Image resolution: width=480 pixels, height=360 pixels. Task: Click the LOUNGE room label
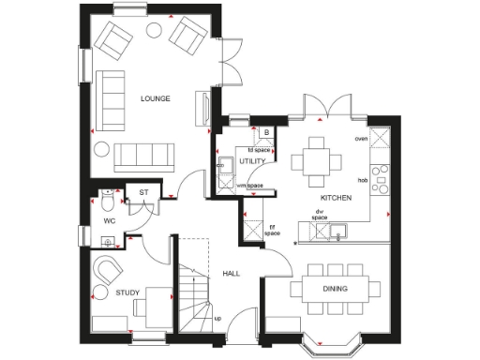point(156,97)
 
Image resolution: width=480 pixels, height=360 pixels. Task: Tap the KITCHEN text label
point(336,199)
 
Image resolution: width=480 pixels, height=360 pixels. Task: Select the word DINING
point(336,289)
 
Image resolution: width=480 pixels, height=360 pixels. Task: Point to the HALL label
point(232,274)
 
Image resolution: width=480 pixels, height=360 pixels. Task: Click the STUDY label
point(127,293)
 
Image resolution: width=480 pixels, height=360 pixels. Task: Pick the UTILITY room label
point(252,161)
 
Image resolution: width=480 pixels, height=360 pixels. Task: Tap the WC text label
point(109,220)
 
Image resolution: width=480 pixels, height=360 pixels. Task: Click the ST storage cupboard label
point(143,193)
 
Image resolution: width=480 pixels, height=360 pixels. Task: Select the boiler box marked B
point(266,133)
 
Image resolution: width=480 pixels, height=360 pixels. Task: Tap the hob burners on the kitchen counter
point(380,180)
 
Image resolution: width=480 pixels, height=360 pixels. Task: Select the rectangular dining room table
point(336,289)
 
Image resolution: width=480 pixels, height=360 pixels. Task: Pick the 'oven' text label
point(361,139)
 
